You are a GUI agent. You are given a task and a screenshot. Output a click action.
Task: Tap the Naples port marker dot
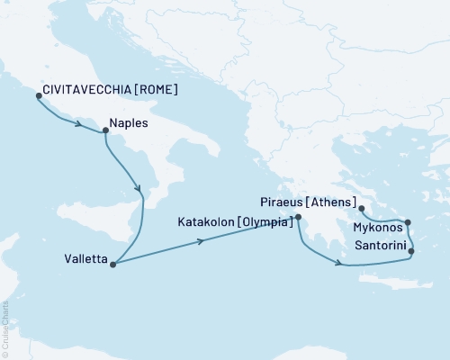coord(106,131)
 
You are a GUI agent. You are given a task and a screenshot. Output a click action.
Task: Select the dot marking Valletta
coord(112,264)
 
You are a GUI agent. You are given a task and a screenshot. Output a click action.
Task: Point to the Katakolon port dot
coord(298,217)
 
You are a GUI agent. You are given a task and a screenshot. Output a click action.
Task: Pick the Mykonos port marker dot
coord(408,223)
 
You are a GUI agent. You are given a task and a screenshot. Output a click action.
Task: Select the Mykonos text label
coord(378,229)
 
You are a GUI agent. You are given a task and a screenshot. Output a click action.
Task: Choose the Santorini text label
coord(378,245)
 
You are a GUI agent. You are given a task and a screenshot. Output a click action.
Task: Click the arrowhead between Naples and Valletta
coord(139,188)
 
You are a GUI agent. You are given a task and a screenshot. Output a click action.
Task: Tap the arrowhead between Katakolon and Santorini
coord(338,264)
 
